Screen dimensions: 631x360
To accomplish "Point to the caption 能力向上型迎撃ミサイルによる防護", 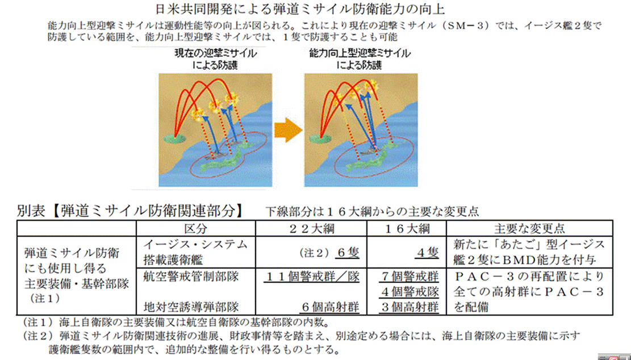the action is (x=359, y=59).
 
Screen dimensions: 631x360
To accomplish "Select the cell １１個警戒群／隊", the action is (x=312, y=278).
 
